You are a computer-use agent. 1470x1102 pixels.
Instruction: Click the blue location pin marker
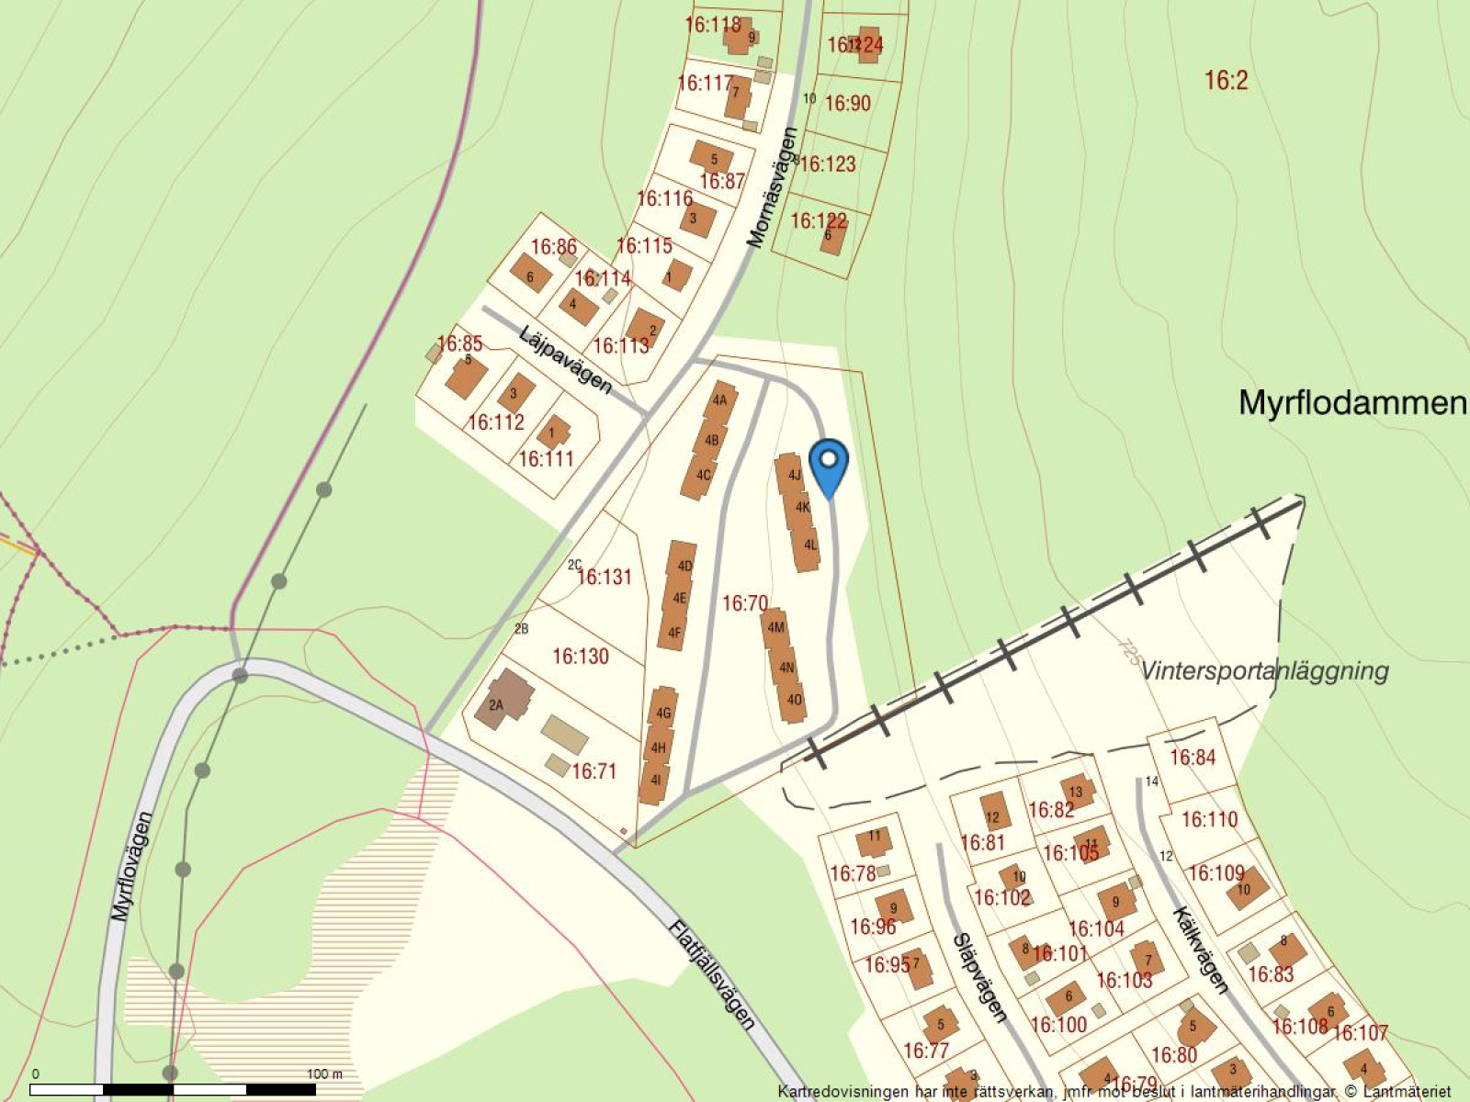click(829, 464)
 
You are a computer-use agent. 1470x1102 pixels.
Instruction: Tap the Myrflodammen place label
click(1352, 402)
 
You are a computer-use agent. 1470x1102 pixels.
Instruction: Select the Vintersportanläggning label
click(1264, 670)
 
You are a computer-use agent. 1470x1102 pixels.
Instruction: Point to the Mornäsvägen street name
click(772, 188)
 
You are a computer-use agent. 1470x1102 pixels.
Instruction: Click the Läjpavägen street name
click(564, 360)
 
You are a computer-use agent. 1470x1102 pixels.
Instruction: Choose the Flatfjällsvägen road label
click(712, 975)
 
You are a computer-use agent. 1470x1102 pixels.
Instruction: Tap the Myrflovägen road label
click(131, 866)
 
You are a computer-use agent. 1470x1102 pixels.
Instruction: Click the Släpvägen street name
click(979, 978)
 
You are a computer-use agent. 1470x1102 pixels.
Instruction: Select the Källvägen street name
click(1200, 950)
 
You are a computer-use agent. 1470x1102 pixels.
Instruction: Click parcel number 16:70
click(744, 603)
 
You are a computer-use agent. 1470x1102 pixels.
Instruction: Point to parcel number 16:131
click(605, 577)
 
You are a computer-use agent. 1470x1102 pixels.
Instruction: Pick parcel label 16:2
click(1227, 81)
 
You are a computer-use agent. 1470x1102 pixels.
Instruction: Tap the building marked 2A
click(497, 705)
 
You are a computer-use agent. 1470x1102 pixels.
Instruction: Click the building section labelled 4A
click(719, 399)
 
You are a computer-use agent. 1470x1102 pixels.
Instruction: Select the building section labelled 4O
click(794, 700)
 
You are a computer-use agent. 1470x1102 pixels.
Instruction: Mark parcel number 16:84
click(1193, 758)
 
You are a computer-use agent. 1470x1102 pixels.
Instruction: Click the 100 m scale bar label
click(323, 1074)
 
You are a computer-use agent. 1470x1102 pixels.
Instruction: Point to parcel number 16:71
click(594, 771)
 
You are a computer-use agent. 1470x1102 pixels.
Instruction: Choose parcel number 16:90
click(847, 103)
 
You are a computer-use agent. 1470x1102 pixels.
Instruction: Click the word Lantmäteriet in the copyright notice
click(1407, 1092)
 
